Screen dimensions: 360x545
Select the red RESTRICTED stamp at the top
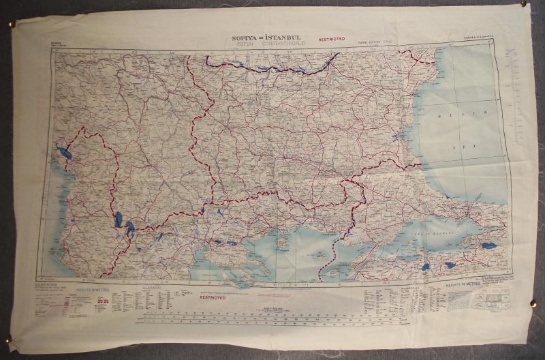pos(330,40)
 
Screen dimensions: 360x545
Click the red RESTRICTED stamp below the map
pos(213,298)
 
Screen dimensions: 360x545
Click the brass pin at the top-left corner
pos(12,25)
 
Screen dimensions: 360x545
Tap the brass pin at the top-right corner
pos(523,4)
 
